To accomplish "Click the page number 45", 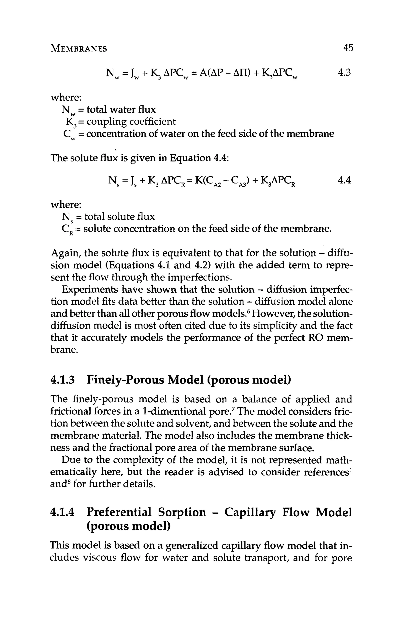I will (x=348, y=48).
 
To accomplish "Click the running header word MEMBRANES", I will (x=79, y=49).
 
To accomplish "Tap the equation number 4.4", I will (x=344, y=180).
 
